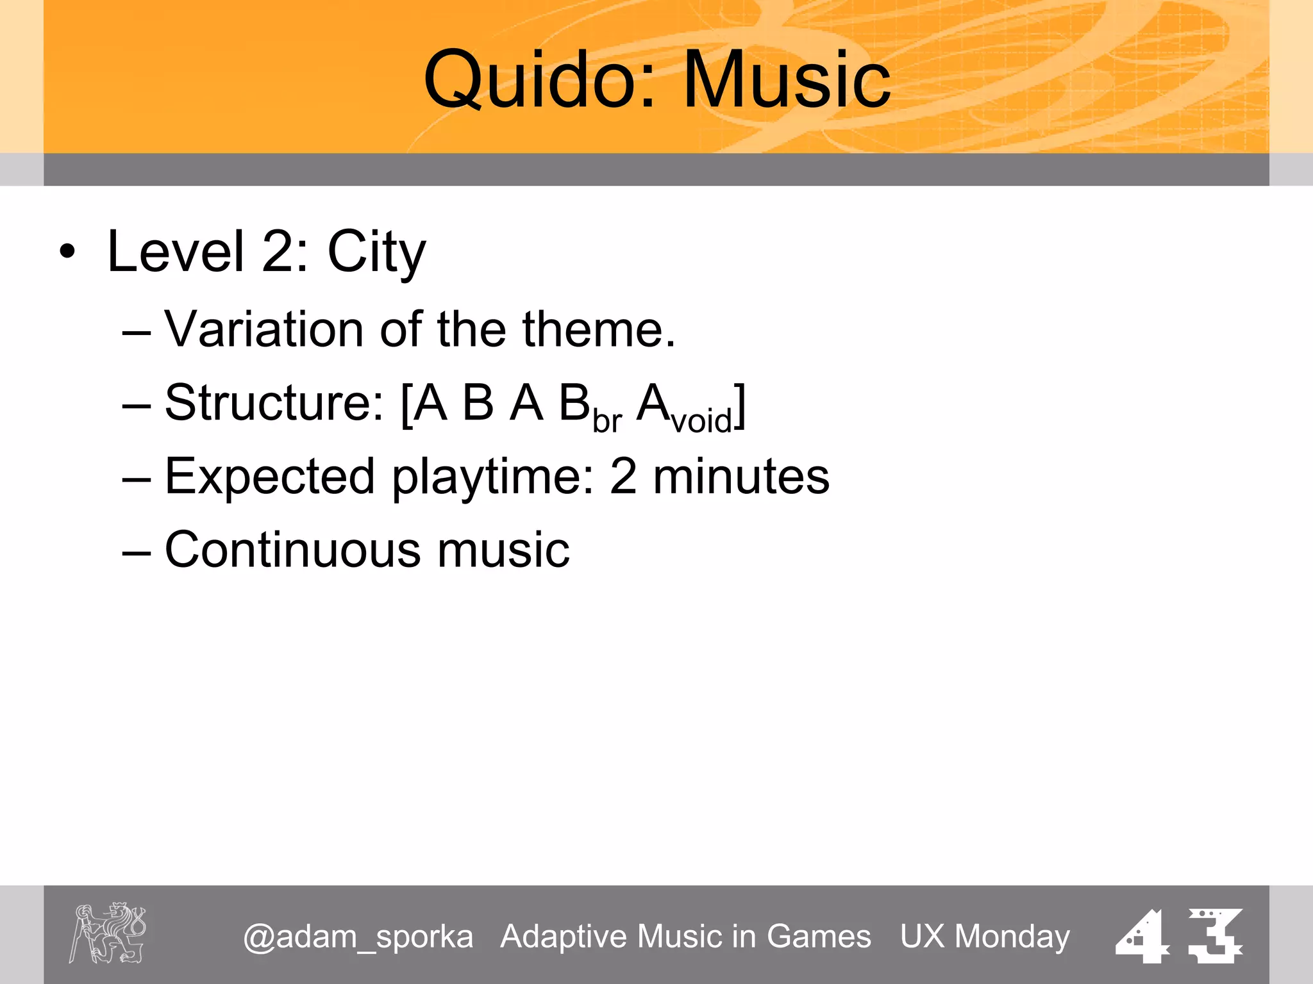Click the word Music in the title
(787, 80)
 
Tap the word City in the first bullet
(376, 252)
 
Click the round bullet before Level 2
(67, 252)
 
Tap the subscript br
(606, 421)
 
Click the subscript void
(701, 421)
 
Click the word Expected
(269, 477)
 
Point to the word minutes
(741, 477)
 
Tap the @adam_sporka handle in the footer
(358, 937)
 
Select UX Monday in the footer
(985, 937)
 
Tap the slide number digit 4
(1143, 937)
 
